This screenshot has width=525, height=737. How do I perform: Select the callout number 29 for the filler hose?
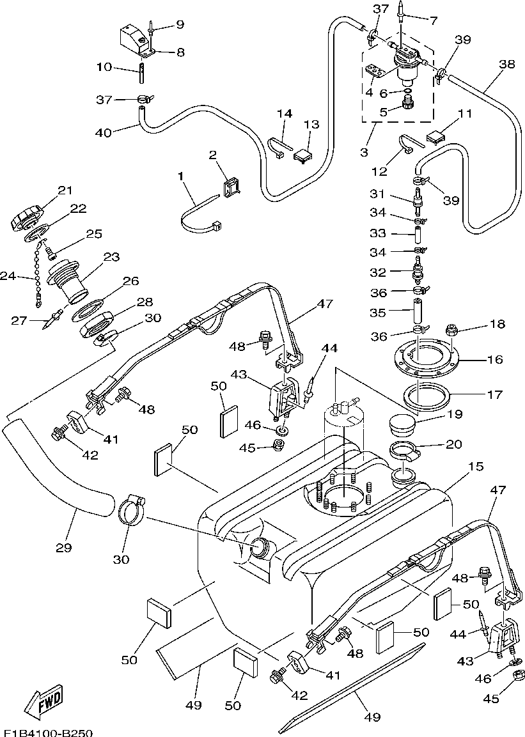tap(64, 547)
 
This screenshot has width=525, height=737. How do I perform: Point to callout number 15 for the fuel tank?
tap(476, 466)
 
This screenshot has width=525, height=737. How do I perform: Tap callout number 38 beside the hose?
tap(507, 64)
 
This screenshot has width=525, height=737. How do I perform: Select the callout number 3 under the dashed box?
tap(364, 152)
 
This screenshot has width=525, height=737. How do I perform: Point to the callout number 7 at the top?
tap(434, 20)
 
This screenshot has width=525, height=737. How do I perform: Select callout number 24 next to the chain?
tap(8, 276)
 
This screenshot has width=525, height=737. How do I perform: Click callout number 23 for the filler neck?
tap(112, 257)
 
